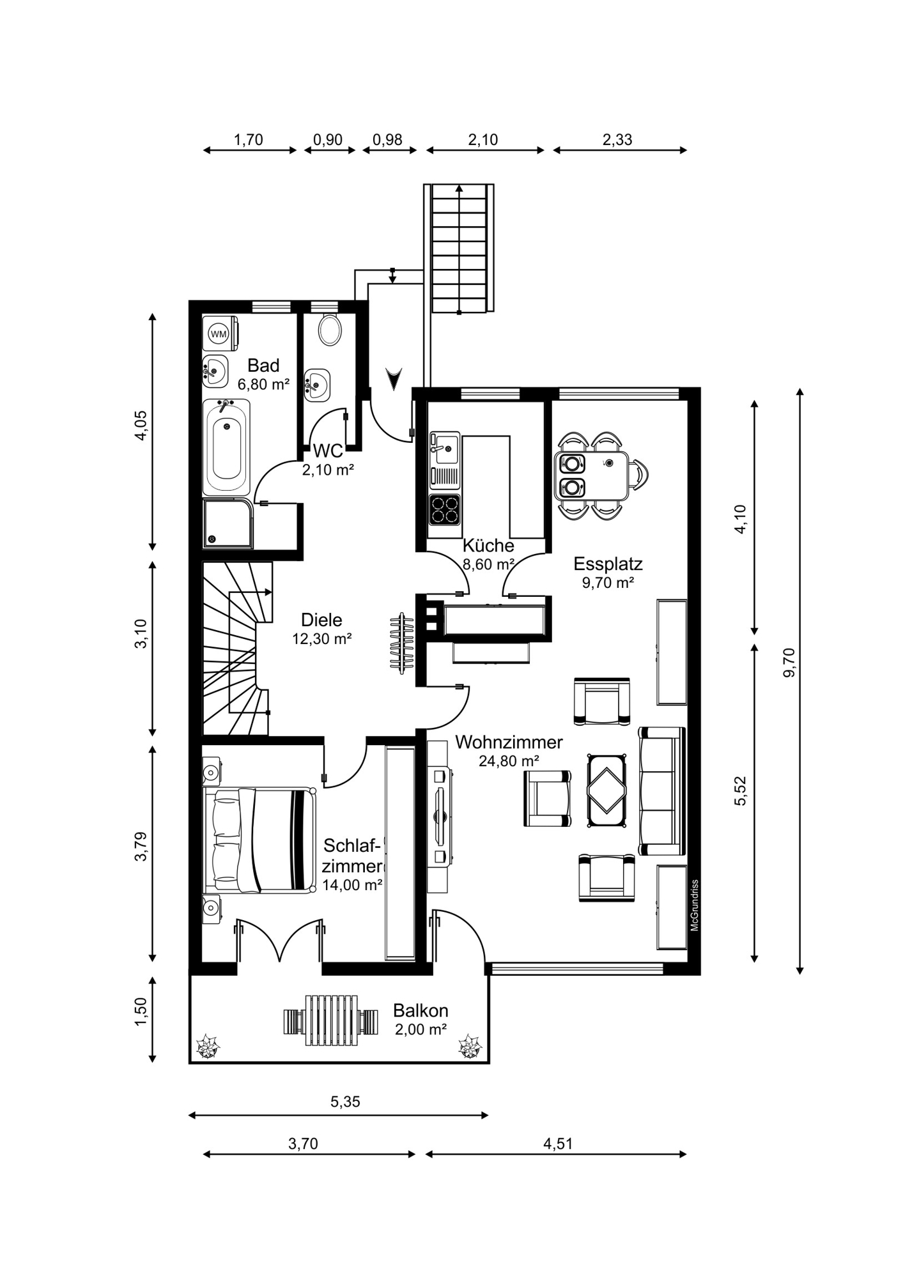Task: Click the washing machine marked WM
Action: pos(220,333)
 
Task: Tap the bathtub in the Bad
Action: pos(226,447)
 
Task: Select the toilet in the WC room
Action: pos(330,330)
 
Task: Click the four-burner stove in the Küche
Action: pos(445,509)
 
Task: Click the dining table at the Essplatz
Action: pos(592,475)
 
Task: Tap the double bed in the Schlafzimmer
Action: pos(259,840)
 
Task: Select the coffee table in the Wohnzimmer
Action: pos(606,791)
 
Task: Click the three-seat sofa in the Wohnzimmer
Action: pos(662,790)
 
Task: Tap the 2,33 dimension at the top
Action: pos(617,139)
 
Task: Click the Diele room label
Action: pos(321,619)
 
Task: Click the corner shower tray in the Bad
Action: pos(228,524)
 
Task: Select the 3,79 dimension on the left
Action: pos(141,847)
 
